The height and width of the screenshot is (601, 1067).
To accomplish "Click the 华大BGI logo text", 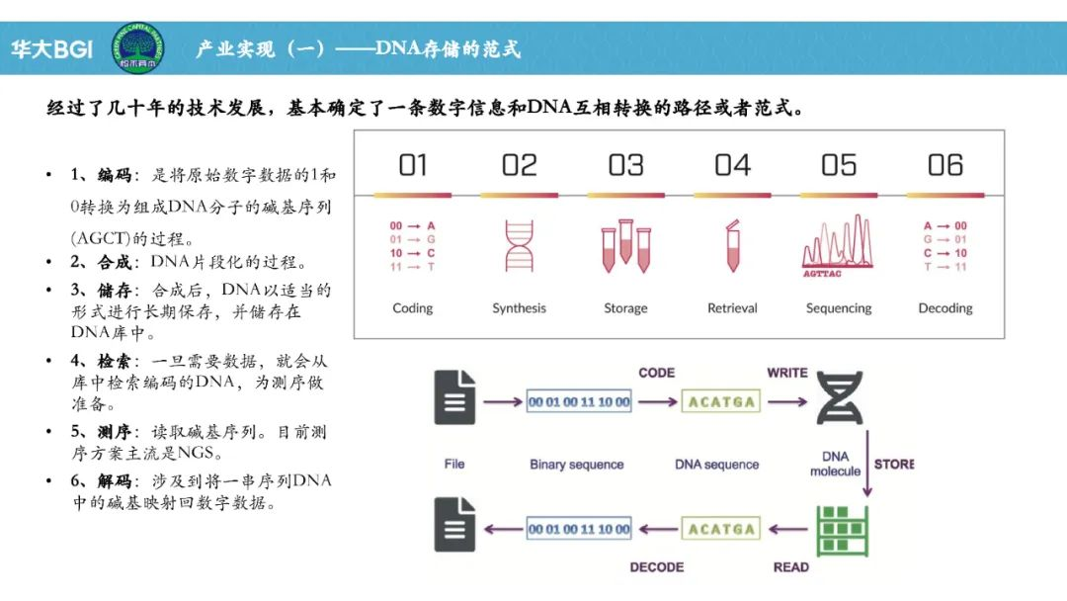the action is (51, 48).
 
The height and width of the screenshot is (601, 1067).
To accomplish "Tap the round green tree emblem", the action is (137, 46).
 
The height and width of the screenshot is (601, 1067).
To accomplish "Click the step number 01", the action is (413, 165).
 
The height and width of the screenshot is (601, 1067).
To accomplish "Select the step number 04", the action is (732, 165).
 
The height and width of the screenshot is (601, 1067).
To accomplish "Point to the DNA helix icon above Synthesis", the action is (519, 245).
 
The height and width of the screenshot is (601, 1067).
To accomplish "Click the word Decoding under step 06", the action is (945, 308).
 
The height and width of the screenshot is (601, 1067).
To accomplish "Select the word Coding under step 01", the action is (413, 308).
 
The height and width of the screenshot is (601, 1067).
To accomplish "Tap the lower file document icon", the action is (454, 525).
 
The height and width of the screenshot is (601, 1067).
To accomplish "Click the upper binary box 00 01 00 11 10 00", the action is (579, 402).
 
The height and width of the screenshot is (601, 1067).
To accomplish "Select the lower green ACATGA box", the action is (721, 530).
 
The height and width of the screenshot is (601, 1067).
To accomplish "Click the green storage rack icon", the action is (840, 530).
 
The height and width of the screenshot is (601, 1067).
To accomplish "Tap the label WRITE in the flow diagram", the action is (787, 373).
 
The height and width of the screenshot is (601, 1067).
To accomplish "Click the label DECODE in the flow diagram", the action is (657, 567).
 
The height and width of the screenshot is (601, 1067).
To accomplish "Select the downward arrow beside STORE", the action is (866, 463).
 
